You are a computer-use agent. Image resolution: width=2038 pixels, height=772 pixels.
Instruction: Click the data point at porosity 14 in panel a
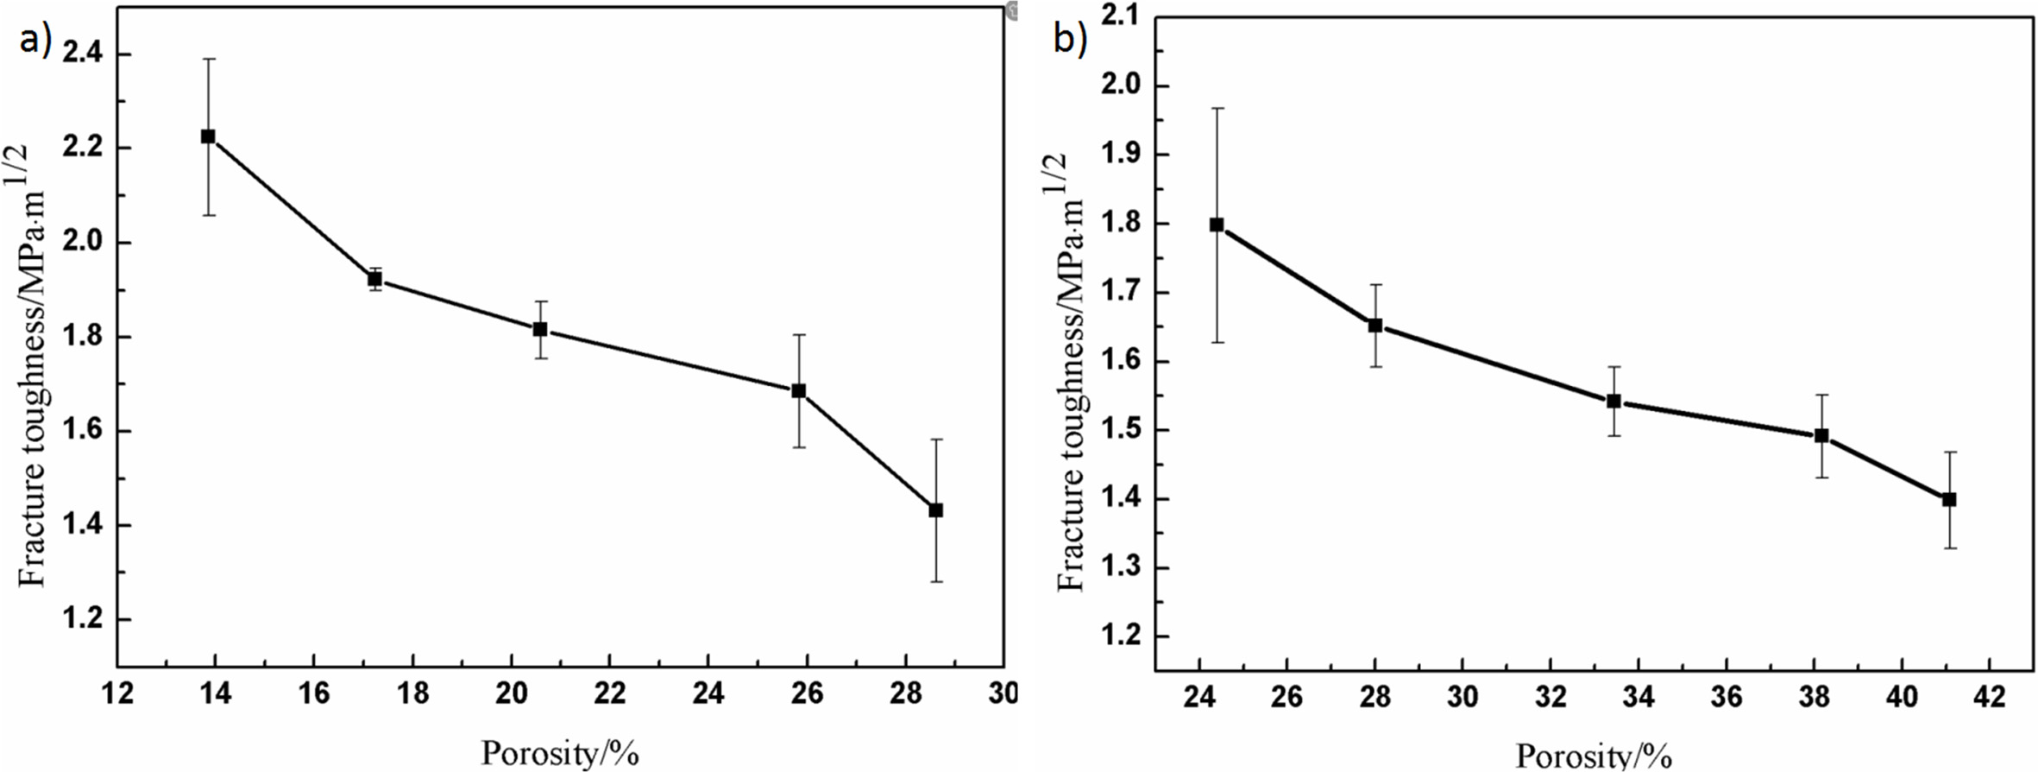(x=208, y=136)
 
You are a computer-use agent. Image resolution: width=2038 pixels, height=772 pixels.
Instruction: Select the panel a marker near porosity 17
(x=375, y=279)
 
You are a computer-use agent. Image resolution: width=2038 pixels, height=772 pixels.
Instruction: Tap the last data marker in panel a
(x=936, y=510)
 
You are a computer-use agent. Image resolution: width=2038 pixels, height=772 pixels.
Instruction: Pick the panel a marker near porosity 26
(x=799, y=391)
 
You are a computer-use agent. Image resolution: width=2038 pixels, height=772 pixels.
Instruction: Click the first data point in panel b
(x=1217, y=225)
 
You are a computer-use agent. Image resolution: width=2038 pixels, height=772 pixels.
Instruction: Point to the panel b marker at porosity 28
(x=1375, y=326)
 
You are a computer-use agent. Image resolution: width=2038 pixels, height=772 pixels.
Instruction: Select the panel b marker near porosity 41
(x=1948, y=500)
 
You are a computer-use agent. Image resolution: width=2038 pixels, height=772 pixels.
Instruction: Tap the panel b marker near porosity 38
(x=1821, y=436)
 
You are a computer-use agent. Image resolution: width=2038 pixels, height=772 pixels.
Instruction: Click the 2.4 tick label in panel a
(x=82, y=54)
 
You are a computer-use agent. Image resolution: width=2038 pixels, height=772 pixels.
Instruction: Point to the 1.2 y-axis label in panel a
(x=82, y=620)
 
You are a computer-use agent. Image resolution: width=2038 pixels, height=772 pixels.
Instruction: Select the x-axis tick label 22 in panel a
(x=609, y=693)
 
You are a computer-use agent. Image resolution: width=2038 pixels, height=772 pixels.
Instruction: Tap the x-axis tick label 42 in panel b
(x=1990, y=696)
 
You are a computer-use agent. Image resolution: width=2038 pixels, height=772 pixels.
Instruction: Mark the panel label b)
(x=1070, y=40)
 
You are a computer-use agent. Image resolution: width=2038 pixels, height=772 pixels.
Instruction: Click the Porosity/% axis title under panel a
(x=560, y=753)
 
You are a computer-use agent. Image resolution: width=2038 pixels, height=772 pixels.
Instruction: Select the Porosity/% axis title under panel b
(x=1594, y=756)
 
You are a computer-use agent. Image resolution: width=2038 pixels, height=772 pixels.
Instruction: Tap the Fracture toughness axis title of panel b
(x=1072, y=371)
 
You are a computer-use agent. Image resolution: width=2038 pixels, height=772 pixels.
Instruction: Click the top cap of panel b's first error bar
(x=1217, y=108)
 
